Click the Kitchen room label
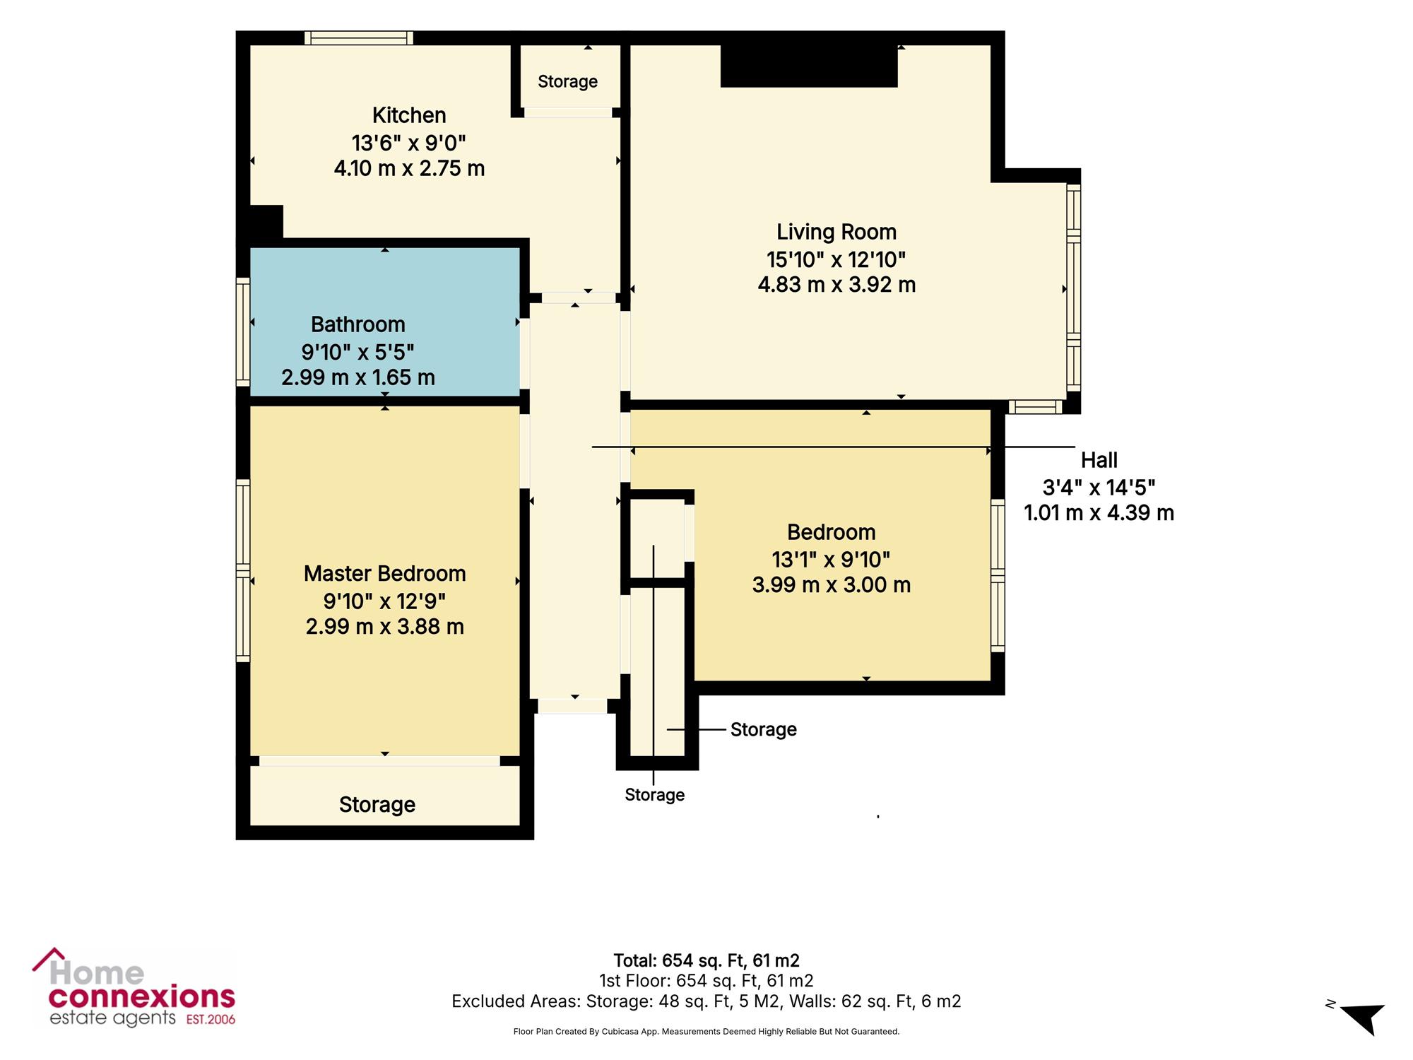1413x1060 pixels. pyautogui.click(x=409, y=115)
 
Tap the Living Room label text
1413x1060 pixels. pyautogui.click(x=836, y=232)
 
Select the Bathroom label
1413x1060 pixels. pyautogui.click(x=358, y=324)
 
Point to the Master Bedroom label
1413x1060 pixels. pyautogui.click(x=385, y=573)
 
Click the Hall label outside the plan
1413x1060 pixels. pyautogui.click(x=1099, y=461)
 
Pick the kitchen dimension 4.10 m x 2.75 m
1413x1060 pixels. pyautogui.click(x=409, y=168)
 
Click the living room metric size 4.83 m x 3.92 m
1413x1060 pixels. pyautogui.click(x=836, y=285)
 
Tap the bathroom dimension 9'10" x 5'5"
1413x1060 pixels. pyautogui.click(x=358, y=351)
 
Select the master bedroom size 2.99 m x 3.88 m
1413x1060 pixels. pyautogui.click(x=385, y=627)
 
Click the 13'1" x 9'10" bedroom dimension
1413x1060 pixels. pyautogui.click(x=831, y=560)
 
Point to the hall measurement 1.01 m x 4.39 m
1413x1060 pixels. pyautogui.click(x=1099, y=513)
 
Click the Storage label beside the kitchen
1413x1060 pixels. pyautogui.click(x=568, y=82)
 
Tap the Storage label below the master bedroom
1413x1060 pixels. pyautogui.click(x=377, y=805)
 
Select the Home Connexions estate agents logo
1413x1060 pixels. pyautogui.click(x=134, y=987)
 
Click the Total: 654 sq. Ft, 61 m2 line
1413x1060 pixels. pyautogui.click(x=706, y=960)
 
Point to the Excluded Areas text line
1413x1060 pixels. pyautogui.click(x=706, y=1001)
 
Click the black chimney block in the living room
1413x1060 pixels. pyautogui.click(x=809, y=66)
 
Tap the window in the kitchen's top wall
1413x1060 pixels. pyautogui.click(x=359, y=37)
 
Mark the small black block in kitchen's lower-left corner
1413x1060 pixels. pyautogui.click(x=266, y=222)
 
